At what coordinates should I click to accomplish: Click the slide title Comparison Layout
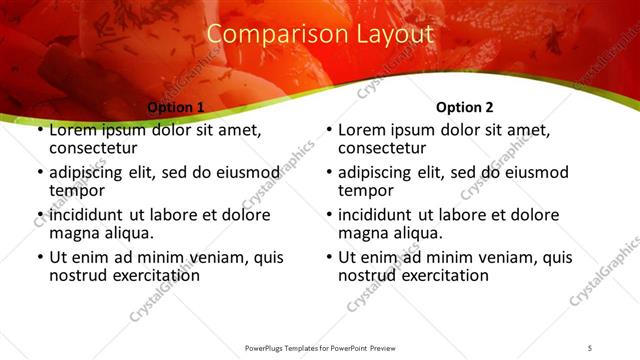point(320,34)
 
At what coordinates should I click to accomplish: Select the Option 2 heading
point(464,107)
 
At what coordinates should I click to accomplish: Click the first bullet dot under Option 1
point(40,131)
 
